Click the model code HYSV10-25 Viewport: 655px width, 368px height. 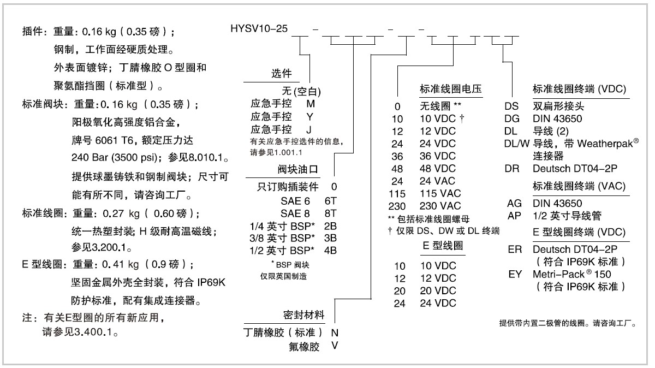(x=259, y=29)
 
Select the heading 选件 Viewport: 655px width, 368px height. (x=281, y=73)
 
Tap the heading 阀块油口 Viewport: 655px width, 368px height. (x=297, y=169)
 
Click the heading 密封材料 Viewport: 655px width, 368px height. (x=304, y=315)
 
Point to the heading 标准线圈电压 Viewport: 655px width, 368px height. (x=451, y=88)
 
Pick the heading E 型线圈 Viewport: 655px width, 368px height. (x=443, y=245)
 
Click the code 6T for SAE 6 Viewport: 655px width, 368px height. (x=331, y=201)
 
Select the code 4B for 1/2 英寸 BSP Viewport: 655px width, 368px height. (x=330, y=251)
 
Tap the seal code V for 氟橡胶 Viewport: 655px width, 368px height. (x=335, y=346)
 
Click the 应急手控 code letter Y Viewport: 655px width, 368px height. (x=310, y=117)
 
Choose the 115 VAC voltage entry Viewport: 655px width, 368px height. (x=440, y=193)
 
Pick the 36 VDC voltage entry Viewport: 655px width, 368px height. (x=438, y=156)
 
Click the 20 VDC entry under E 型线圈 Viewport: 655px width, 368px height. (x=438, y=290)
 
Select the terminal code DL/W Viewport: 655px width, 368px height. (x=517, y=144)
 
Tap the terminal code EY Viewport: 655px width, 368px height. (x=515, y=274)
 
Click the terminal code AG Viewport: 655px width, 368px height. (x=514, y=203)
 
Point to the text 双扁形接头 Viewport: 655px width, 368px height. (x=558, y=106)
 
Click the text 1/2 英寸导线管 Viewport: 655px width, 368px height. (x=567, y=216)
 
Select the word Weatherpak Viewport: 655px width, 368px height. (x=605, y=144)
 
